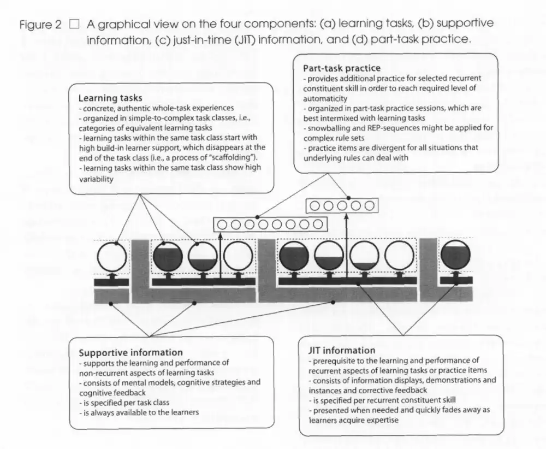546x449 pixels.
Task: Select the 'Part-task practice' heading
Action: tap(342, 68)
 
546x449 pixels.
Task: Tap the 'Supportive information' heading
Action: tap(130, 352)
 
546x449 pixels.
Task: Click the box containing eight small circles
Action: tap(271, 224)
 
